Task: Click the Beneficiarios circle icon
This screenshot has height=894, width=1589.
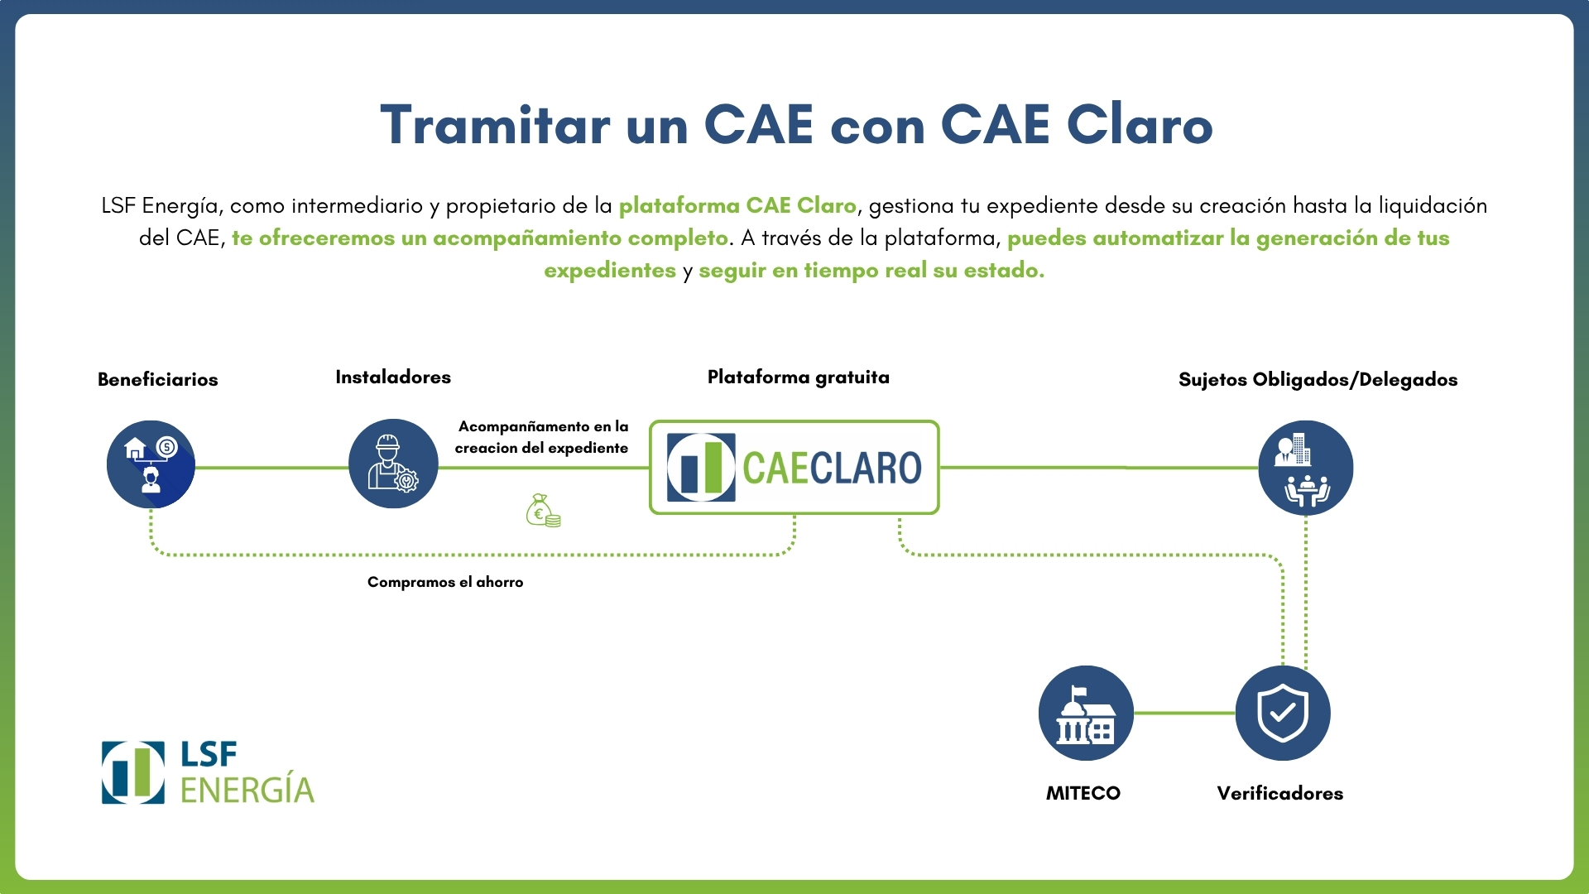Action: tap(151, 464)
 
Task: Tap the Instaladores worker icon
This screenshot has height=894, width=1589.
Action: tap(393, 464)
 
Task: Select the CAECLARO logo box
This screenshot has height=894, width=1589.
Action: tap(794, 468)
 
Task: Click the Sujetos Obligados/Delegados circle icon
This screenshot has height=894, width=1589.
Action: tap(1305, 468)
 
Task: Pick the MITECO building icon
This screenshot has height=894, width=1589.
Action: tap(1086, 713)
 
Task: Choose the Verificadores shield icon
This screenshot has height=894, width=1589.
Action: tap(1283, 713)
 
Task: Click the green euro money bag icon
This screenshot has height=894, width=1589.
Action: tap(543, 511)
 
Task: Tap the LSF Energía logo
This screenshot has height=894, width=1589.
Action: tap(208, 772)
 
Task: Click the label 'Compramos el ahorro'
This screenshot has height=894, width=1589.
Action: tap(445, 582)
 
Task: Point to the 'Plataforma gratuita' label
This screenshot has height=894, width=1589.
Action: tap(798, 377)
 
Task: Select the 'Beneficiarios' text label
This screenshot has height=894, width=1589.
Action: tap(157, 380)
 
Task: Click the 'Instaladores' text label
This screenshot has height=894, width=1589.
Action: tap(393, 377)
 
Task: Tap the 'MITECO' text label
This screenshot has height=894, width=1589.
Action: tap(1083, 793)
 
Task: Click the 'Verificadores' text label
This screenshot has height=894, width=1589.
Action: tap(1279, 793)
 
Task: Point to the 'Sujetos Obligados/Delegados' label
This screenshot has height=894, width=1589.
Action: tap(1318, 380)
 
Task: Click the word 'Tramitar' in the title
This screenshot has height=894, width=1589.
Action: tap(495, 126)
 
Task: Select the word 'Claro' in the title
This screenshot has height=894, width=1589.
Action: tap(1140, 126)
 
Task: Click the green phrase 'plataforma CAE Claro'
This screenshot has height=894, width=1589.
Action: tap(737, 205)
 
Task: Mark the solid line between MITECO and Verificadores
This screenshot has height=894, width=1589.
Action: tap(1184, 713)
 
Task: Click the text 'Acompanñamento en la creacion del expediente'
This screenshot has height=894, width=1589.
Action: tap(542, 437)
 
